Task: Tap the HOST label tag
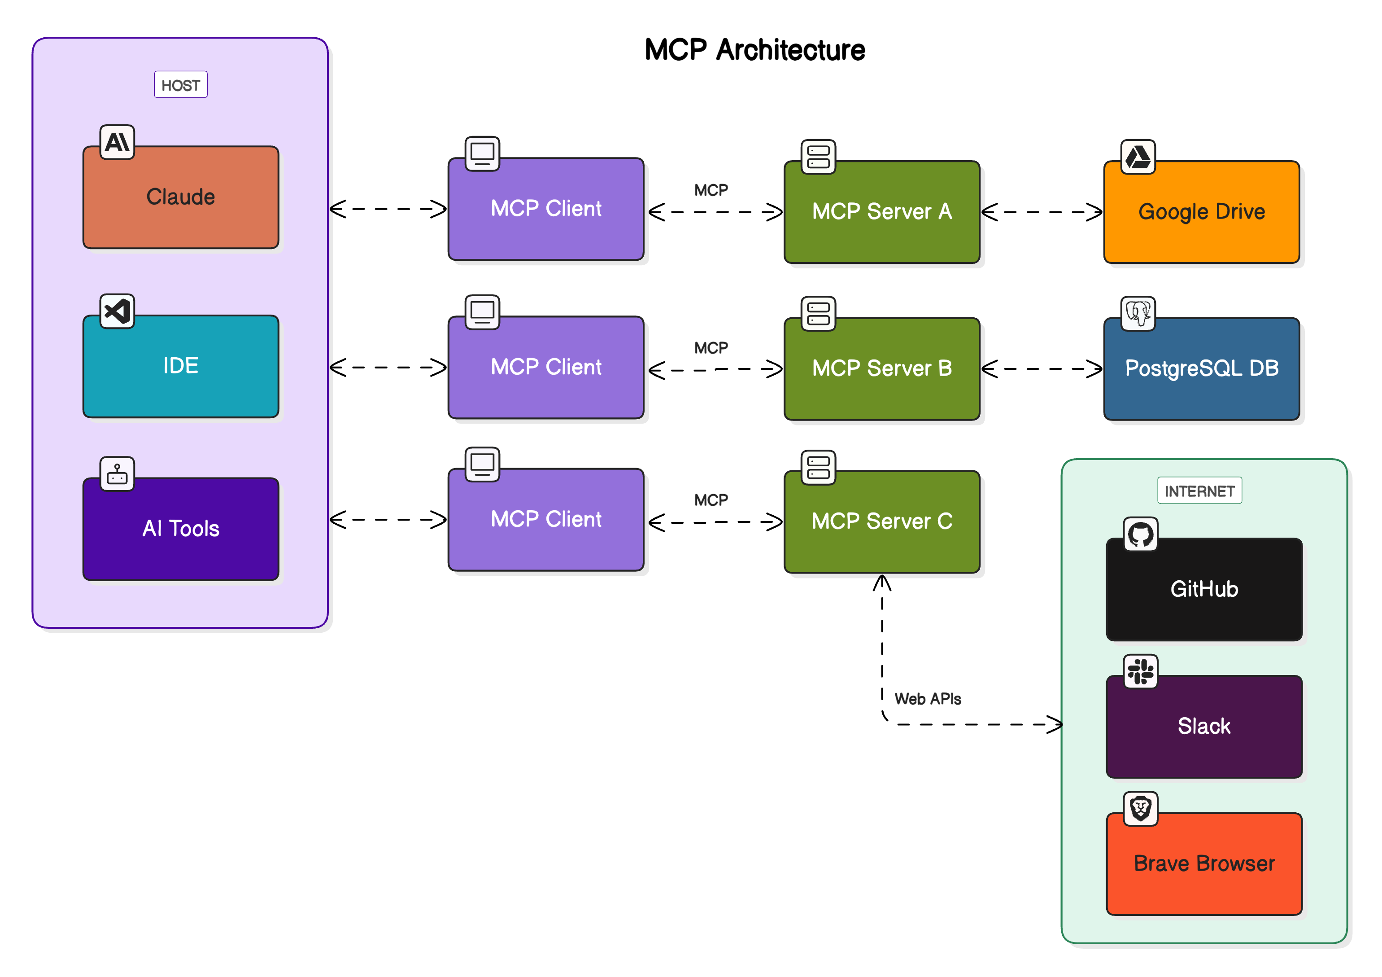(x=181, y=85)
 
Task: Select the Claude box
(x=181, y=197)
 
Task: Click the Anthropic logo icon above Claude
(x=117, y=142)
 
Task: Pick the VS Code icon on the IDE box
(x=117, y=311)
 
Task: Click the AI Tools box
(x=181, y=529)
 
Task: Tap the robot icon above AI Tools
(x=117, y=474)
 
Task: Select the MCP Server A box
(x=882, y=212)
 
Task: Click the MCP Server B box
(x=882, y=368)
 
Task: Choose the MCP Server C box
(x=882, y=521)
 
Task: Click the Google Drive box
(x=1201, y=212)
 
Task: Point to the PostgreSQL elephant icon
(x=1138, y=313)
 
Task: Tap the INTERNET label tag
(x=1199, y=491)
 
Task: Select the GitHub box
(x=1204, y=589)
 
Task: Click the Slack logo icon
(x=1140, y=671)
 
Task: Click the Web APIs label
(x=928, y=699)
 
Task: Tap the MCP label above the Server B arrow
(x=711, y=347)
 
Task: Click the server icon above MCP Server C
(x=818, y=467)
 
